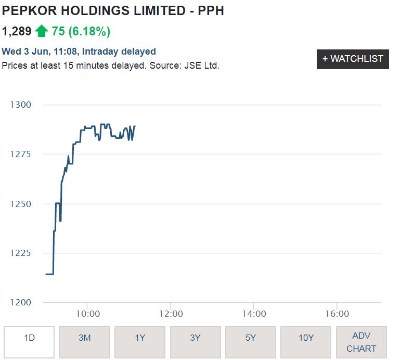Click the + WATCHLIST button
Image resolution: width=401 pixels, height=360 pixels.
[x=353, y=59]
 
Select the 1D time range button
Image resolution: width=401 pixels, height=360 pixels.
[x=29, y=338]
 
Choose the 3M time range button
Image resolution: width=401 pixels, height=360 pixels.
[x=84, y=338]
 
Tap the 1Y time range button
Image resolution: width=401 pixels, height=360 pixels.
[x=140, y=338]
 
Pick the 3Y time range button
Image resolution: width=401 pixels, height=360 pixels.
[x=195, y=338]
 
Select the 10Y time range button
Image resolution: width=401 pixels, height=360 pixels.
[x=306, y=338]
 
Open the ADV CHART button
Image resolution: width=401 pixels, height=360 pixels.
[x=361, y=342]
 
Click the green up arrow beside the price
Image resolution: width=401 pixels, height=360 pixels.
[x=42, y=31]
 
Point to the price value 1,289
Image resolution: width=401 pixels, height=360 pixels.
[x=17, y=31]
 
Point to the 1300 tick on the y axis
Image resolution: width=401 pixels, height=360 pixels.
[x=21, y=105]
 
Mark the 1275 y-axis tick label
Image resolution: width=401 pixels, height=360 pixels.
[x=21, y=154]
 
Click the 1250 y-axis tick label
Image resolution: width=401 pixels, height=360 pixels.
[x=21, y=204]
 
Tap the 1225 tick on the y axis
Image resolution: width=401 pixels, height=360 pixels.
[x=21, y=253]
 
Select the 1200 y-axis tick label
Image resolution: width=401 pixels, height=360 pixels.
[x=21, y=302]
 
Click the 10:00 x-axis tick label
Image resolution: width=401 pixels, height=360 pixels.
[x=88, y=314]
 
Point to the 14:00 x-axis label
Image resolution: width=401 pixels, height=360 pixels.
[x=254, y=314]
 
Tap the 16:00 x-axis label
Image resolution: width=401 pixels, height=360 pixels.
[x=337, y=314]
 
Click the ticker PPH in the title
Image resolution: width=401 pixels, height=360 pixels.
[x=211, y=10]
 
